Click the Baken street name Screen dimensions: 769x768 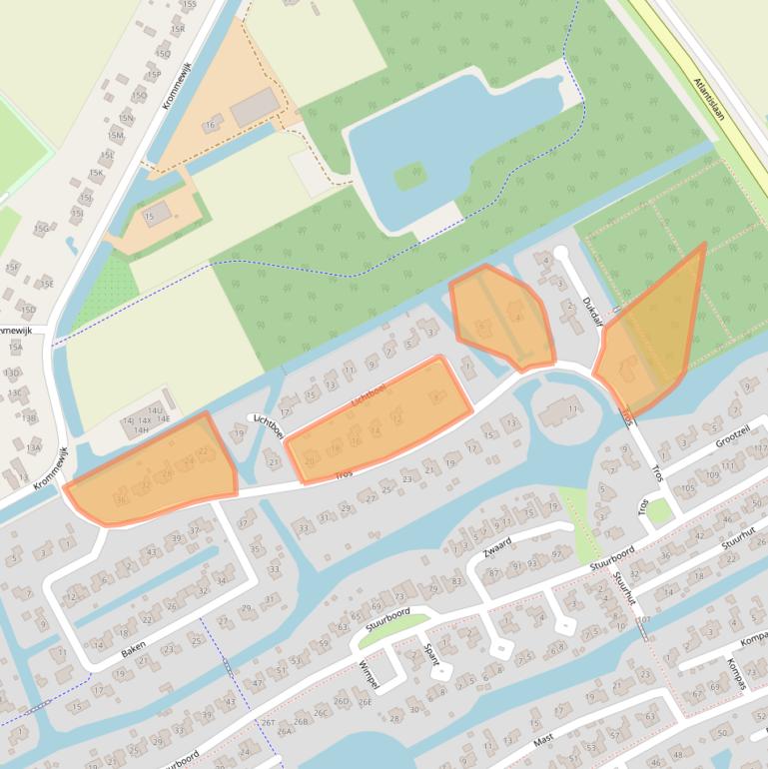[134, 648]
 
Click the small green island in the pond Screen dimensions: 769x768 [410, 178]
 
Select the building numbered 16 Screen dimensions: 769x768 [211, 126]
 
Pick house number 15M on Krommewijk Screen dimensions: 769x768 [116, 135]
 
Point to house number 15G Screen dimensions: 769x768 [41, 229]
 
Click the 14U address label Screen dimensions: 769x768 [155, 410]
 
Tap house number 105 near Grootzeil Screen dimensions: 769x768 [688, 488]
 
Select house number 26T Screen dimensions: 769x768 [268, 721]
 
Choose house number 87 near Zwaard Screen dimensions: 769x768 [493, 573]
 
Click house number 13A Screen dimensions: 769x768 [33, 447]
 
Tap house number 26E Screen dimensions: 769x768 [366, 702]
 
